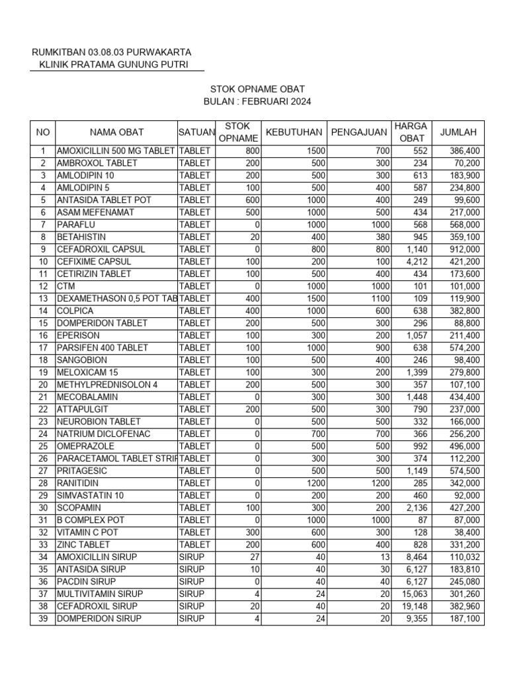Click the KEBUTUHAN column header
[x=293, y=132]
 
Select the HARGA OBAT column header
[x=410, y=132]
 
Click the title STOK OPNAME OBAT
[x=257, y=89]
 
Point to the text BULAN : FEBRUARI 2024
[x=257, y=102]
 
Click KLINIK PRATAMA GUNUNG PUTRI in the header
[x=113, y=64]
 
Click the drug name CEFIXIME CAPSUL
[x=94, y=262]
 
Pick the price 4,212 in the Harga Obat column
[x=416, y=262]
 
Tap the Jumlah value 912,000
[x=464, y=249]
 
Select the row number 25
[x=43, y=446]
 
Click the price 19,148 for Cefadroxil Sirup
[x=414, y=606]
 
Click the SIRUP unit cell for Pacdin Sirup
[x=192, y=582]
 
